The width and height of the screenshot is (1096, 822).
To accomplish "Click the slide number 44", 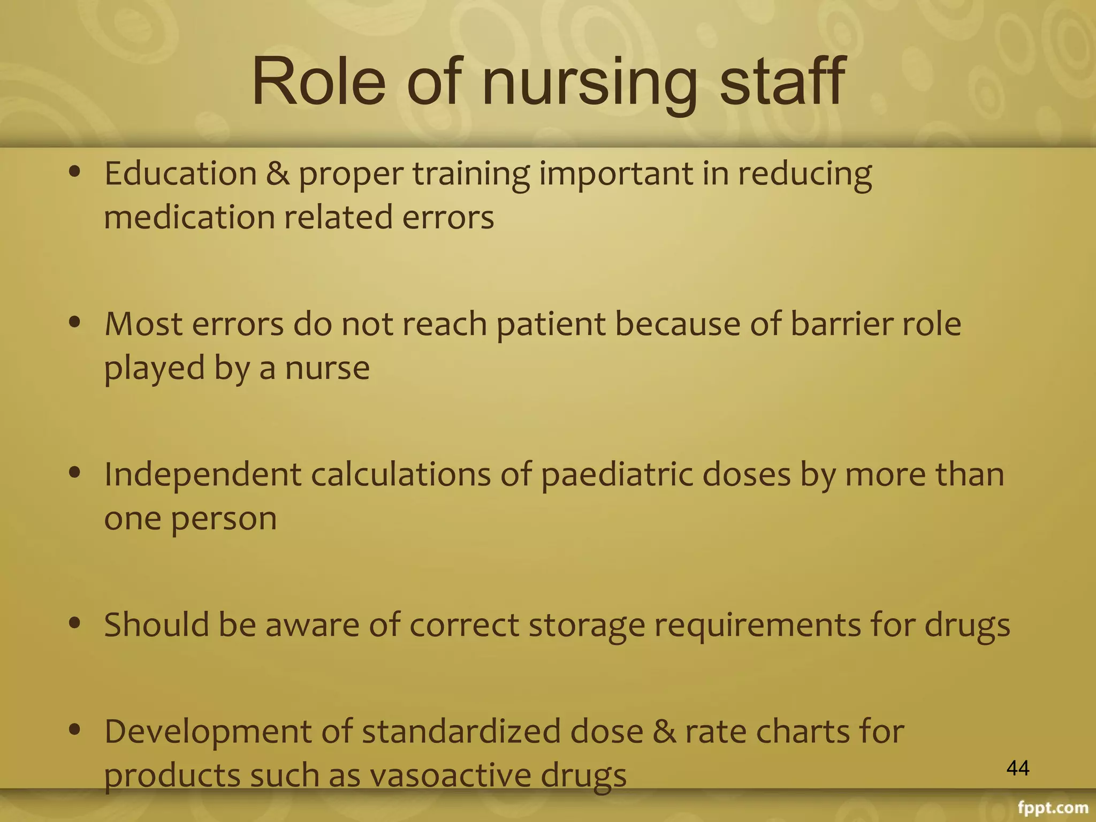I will (1018, 768).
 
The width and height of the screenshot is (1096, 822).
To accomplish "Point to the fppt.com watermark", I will (1053, 808).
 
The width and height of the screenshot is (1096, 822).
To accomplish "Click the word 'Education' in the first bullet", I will (180, 174).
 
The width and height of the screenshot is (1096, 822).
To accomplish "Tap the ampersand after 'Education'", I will (278, 174).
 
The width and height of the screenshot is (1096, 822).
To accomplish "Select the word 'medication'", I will (189, 218).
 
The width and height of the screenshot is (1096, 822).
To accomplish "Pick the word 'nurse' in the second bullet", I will (327, 368).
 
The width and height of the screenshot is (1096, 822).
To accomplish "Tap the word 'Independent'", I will (202, 475).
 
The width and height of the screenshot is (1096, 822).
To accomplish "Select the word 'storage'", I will (587, 626).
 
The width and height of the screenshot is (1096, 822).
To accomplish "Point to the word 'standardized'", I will (461, 732).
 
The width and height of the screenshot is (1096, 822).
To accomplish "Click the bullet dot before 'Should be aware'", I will (75, 622).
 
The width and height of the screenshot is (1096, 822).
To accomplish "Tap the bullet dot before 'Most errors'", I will (75, 322).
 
